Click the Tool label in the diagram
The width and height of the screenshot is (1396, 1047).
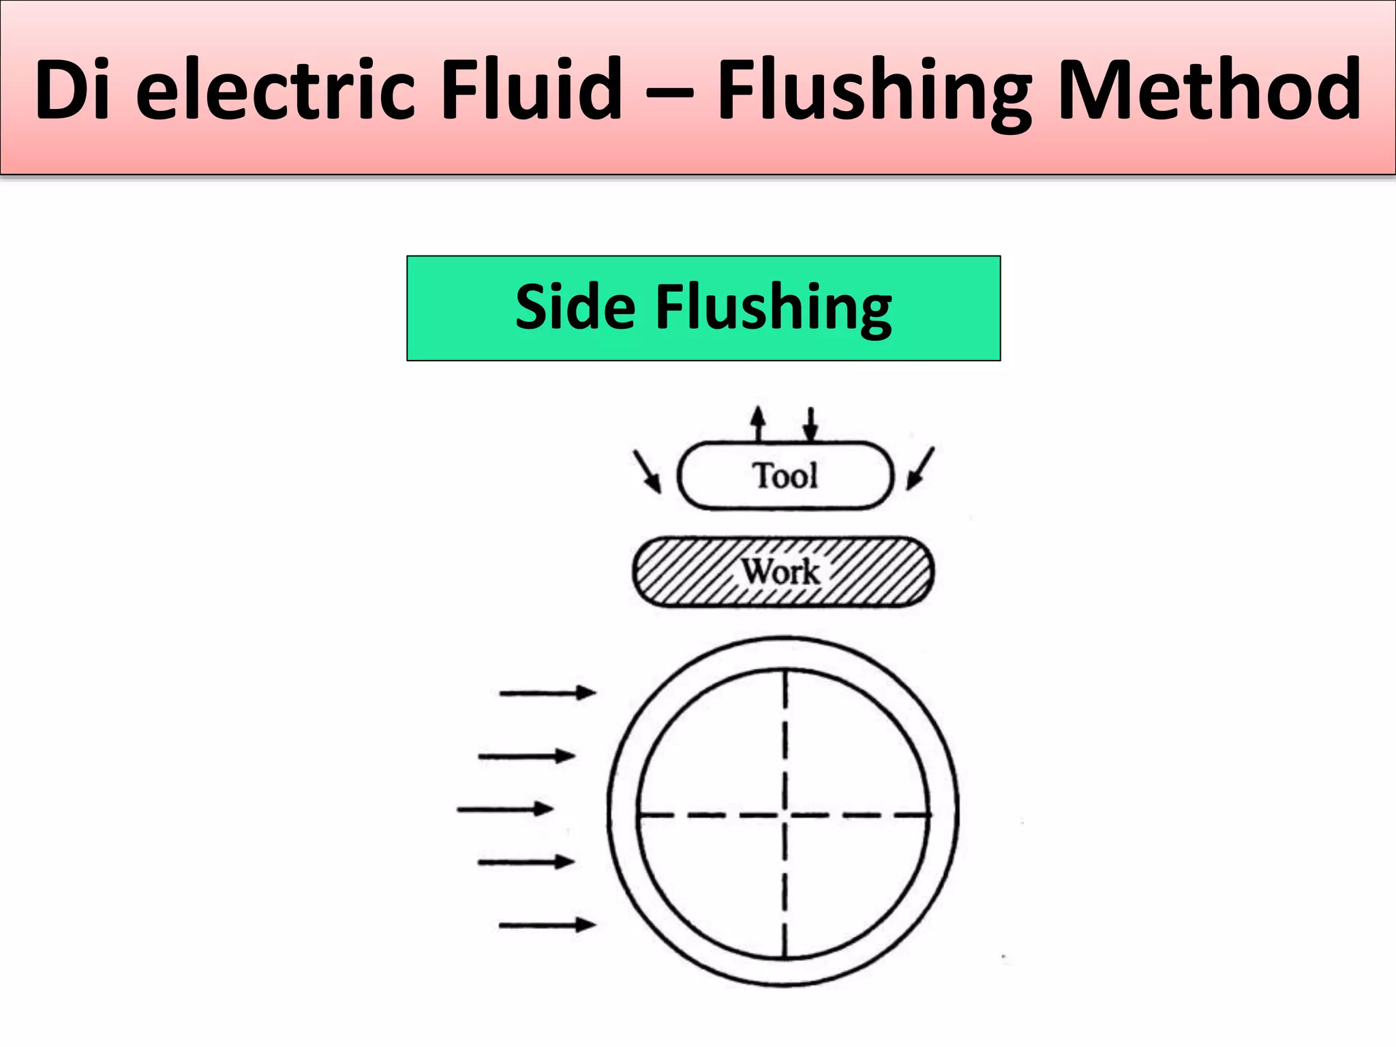point(785,475)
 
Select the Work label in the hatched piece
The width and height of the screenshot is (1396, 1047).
point(781,571)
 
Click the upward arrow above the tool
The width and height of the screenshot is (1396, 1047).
point(758,424)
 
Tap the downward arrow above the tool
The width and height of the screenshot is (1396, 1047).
point(810,424)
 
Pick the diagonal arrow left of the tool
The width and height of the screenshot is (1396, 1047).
point(647,470)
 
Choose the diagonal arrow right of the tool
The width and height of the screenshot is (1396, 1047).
point(920,468)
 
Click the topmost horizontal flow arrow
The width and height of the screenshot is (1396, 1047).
point(547,693)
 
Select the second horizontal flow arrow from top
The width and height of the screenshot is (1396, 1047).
point(526,756)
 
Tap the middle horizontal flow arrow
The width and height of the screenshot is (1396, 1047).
point(505,809)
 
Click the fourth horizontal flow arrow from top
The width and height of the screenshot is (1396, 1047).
point(526,862)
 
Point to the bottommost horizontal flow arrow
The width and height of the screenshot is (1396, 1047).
point(547,925)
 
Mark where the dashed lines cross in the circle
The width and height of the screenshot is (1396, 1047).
point(785,815)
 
